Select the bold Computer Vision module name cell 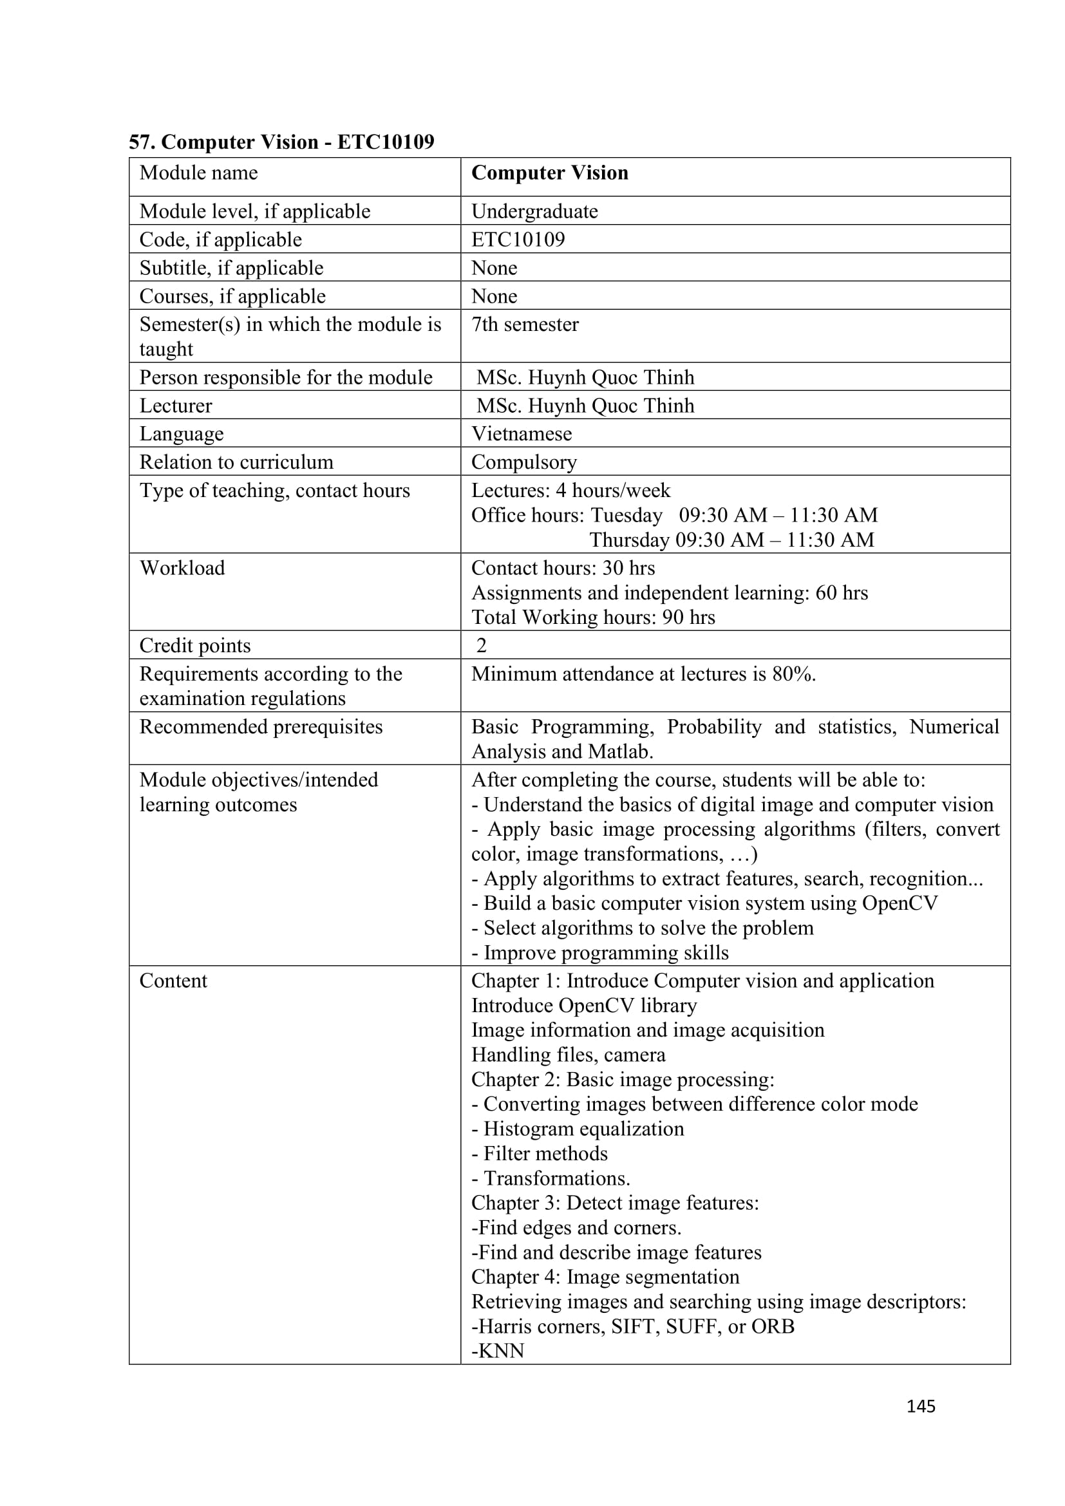pos(549,173)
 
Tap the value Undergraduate pos(534,211)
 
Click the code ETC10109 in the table pos(518,240)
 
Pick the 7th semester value pos(525,325)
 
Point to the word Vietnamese pos(522,433)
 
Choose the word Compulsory pos(524,462)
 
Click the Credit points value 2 pos(482,645)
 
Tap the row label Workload pos(182,568)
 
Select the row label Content pos(173,981)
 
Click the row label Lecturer pos(176,406)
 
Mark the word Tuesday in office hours pos(627,516)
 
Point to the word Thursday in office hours pos(629,540)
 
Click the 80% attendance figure pos(791,674)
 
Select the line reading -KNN pos(498,1351)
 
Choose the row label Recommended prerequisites pos(261,727)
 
